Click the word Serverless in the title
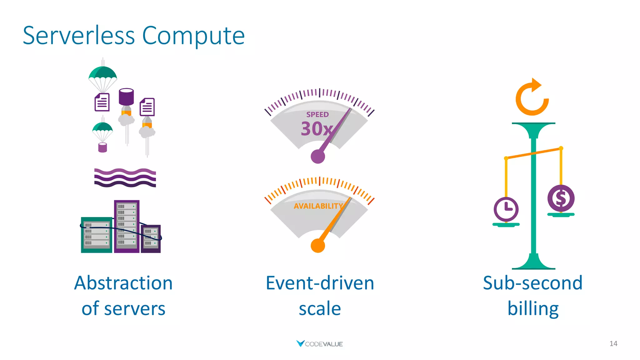[x=79, y=36]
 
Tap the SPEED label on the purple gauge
[x=317, y=114]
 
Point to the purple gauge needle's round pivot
[x=318, y=156]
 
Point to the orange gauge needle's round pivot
[x=318, y=246]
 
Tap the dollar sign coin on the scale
[x=561, y=198]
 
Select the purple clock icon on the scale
[x=506, y=209]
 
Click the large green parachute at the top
[x=102, y=73]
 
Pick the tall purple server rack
[x=127, y=227]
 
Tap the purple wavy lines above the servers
[x=125, y=177]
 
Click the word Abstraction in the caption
[x=123, y=283]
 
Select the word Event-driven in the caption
[x=320, y=283]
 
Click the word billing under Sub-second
[x=533, y=309]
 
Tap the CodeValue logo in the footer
[x=319, y=344]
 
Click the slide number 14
[x=613, y=344]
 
